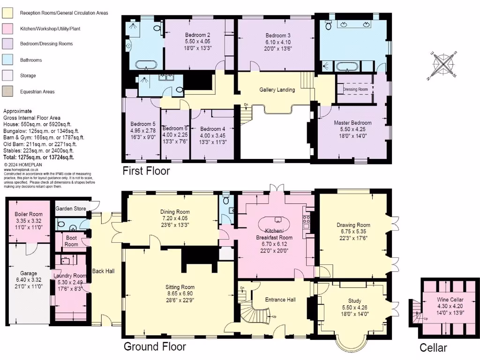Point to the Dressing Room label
point(355,89)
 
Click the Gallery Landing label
point(277,90)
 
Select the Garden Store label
point(71,209)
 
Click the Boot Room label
point(71,241)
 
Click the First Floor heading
point(146,171)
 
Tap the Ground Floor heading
point(155,347)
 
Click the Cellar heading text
point(433,348)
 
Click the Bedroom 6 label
point(175,128)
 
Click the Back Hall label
point(103,271)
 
